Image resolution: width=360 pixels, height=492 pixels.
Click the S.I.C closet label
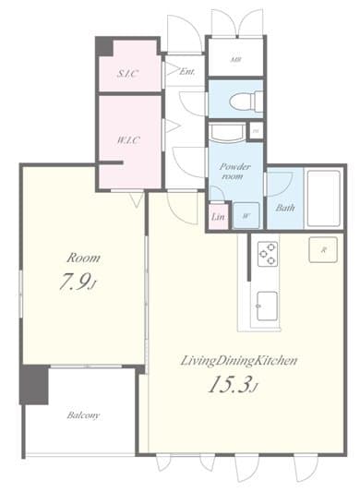[127, 73]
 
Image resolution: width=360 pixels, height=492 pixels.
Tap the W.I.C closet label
[128, 141]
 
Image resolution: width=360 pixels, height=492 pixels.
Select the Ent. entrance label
[186, 71]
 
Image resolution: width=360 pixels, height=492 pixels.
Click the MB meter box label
[235, 58]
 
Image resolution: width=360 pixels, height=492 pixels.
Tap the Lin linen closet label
[219, 217]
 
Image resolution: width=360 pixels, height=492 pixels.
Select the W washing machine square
[246, 215]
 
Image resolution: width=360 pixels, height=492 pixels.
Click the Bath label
[284, 207]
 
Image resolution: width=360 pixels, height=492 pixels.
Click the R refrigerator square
[324, 251]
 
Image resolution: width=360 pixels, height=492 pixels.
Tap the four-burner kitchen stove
[267, 252]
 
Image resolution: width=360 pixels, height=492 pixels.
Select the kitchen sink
[268, 304]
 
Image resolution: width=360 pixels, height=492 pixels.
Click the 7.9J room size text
[73, 284]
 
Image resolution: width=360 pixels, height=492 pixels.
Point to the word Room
[82, 258]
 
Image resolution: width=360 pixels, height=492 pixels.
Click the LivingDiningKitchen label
[238, 360]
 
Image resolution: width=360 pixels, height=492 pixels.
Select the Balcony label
[83, 415]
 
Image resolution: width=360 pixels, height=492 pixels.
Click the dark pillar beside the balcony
[35, 383]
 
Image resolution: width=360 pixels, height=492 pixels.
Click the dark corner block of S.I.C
[104, 45]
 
